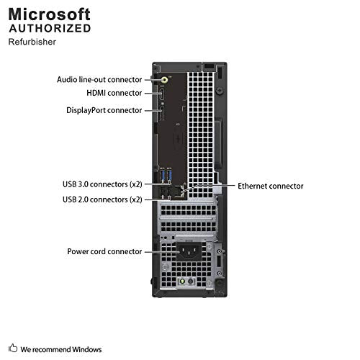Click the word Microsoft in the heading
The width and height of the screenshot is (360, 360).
pyautogui.click(x=50, y=14)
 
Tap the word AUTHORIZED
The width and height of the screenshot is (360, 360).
pyautogui.click(x=50, y=28)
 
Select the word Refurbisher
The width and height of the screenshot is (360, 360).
pyautogui.click(x=32, y=42)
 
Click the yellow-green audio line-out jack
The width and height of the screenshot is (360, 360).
pyautogui.click(x=165, y=79)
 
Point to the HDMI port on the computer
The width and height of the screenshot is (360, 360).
pyautogui.click(x=162, y=94)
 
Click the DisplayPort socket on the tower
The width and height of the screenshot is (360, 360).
pyautogui.click(x=162, y=113)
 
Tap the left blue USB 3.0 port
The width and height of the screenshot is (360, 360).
pyautogui.click(x=163, y=176)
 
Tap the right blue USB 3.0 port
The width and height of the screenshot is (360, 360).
pyautogui.click(x=170, y=176)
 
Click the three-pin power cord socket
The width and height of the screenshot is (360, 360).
pyautogui.click(x=189, y=251)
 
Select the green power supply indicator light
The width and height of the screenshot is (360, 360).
pyautogui.click(x=182, y=281)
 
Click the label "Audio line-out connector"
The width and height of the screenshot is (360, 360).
pyautogui.click(x=99, y=80)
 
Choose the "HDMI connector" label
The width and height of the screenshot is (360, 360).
pyautogui.click(x=114, y=93)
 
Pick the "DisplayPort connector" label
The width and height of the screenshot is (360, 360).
pyautogui.click(x=104, y=110)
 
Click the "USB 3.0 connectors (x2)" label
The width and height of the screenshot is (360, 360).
pyautogui.click(x=102, y=184)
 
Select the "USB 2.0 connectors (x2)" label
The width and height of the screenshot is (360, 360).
pyautogui.click(x=102, y=199)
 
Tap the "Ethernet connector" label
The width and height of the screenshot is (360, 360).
pyautogui.click(x=271, y=186)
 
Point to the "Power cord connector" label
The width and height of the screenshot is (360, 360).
pyautogui.click(x=104, y=251)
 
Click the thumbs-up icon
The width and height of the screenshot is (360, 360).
pyautogui.click(x=13, y=348)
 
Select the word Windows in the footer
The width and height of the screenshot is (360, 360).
pyautogui.click(x=87, y=349)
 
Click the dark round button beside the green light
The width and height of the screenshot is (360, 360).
pyautogui.click(x=190, y=281)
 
